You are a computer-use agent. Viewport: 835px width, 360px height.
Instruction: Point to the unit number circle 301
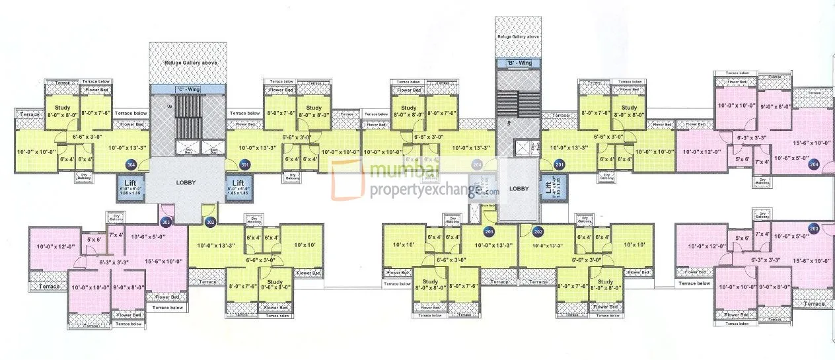point(245,164)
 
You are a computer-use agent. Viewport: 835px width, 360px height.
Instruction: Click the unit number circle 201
point(560,164)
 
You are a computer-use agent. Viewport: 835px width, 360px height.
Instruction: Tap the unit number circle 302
point(211,223)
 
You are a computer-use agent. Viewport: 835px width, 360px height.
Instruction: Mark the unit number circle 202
point(538,232)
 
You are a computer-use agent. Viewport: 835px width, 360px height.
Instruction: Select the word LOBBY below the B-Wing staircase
point(520,188)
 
